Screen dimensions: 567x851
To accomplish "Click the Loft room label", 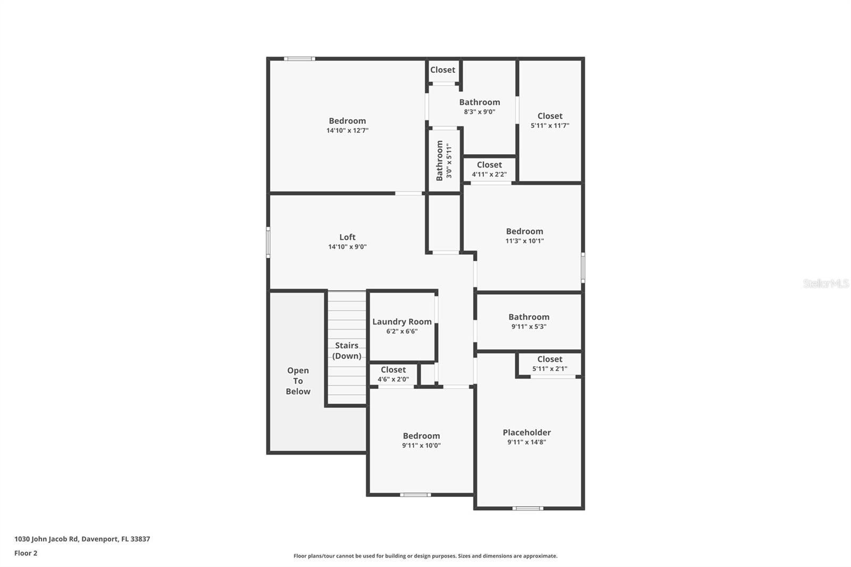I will [347, 237].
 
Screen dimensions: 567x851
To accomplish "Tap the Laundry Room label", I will [402, 322].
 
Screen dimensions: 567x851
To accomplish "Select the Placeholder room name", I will [527, 432].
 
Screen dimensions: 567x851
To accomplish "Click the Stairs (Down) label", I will [347, 351].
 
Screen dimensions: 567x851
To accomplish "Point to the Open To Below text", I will [298, 381].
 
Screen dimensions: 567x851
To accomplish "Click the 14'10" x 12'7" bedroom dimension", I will [347, 130].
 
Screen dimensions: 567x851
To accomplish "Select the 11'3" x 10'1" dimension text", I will [524, 241].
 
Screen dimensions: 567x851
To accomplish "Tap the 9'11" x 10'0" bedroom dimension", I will [421, 446].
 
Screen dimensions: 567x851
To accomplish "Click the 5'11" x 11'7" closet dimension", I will [550, 126].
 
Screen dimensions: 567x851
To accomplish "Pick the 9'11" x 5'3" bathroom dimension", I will [529, 327].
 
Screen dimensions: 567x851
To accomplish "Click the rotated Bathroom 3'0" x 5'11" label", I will [444, 161].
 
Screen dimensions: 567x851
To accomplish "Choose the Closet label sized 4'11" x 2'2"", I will [489, 165].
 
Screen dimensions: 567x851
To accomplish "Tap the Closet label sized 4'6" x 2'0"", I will [393, 370].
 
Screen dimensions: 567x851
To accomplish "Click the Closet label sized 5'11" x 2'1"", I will [549, 359].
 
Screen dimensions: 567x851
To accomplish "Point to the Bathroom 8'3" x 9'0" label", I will [480, 102].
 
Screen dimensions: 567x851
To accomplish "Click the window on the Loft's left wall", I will [268, 243].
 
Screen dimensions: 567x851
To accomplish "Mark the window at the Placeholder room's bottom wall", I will [528, 508].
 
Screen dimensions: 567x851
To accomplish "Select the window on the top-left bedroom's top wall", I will [299, 59].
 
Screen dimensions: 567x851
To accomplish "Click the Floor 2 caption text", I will [26, 553].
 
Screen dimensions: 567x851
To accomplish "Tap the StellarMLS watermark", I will [825, 283].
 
